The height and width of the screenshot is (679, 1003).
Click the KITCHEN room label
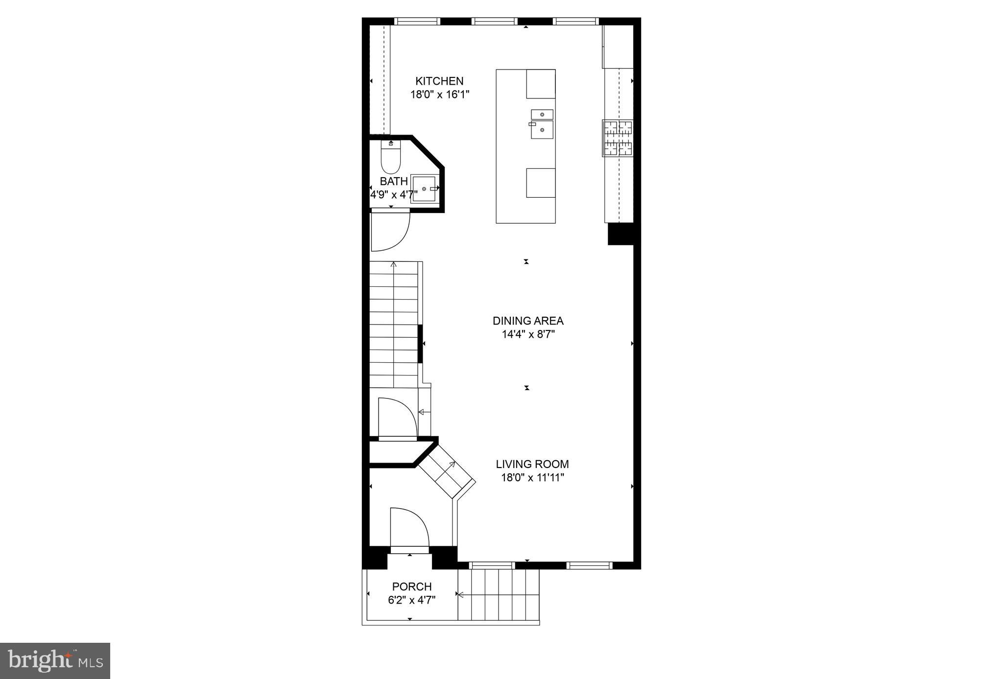(x=439, y=81)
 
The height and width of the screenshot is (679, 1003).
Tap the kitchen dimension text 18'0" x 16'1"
(x=439, y=94)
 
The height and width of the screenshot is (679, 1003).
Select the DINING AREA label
(x=527, y=321)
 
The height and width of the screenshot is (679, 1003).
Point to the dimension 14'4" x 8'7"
(x=527, y=335)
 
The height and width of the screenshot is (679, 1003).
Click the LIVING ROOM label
(x=532, y=464)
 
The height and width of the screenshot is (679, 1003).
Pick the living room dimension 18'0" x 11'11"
(x=532, y=478)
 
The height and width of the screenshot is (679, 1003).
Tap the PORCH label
(x=411, y=586)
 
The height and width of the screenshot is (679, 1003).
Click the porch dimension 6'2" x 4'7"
(x=411, y=600)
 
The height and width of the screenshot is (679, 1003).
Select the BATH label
(x=393, y=182)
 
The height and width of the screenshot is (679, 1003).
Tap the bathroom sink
(x=424, y=188)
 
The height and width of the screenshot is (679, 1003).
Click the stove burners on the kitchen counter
(x=618, y=138)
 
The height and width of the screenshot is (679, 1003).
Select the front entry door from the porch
(x=409, y=529)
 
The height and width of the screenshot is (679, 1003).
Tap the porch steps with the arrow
(x=498, y=594)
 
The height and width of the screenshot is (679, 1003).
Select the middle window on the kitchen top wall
(x=494, y=21)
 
